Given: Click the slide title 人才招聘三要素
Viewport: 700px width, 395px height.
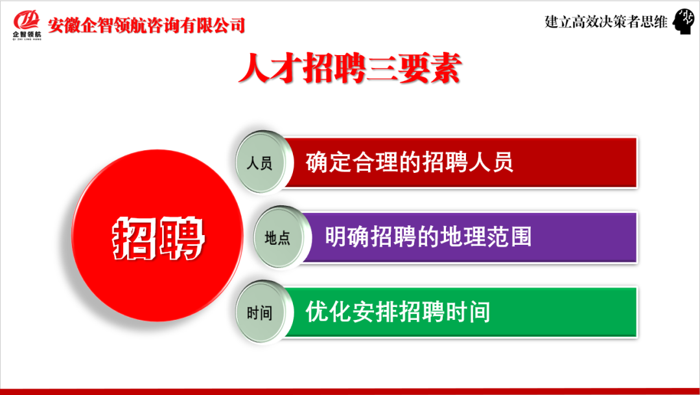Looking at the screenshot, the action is pyautogui.click(x=349, y=69).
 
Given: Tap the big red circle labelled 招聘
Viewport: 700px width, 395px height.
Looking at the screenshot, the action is pyautogui.click(x=157, y=236).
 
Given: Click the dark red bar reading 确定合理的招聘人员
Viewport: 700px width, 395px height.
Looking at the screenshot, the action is pyautogui.click(x=460, y=163).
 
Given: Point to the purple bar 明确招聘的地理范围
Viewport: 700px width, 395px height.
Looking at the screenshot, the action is pyautogui.click(x=469, y=237).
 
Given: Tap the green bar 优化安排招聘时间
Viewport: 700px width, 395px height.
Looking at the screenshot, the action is pyautogui.click(x=460, y=312).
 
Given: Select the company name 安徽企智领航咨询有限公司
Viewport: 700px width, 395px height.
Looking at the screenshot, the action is pyautogui.click(x=147, y=25).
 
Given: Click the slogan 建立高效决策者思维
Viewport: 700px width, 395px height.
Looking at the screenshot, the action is pyautogui.click(x=606, y=22).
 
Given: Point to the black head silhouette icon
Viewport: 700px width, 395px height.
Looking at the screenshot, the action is pyautogui.click(x=684, y=22).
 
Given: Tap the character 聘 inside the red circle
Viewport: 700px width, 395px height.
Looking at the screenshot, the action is pyautogui.click(x=181, y=238).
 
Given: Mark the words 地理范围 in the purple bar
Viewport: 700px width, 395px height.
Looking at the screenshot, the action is pyautogui.click(x=490, y=237).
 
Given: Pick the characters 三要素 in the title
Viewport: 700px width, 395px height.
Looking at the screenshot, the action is pyautogui.click(x=413, y=69).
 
